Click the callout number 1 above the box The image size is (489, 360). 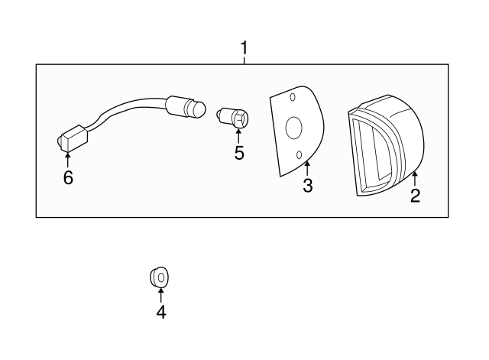[244, 47]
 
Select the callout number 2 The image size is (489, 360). [415, 196]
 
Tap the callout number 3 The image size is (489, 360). [307, 185]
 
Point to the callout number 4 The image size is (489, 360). [161, 312]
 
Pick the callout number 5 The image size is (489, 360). [239, 153]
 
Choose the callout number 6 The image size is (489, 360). [68, 177]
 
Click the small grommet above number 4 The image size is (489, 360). [159, 277]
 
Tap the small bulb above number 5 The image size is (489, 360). [232, 118]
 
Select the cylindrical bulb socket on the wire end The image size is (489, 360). [186, 107]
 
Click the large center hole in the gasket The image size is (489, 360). [293, 128]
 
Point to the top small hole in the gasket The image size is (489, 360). [293, 97]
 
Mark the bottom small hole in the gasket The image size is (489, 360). [299, 154]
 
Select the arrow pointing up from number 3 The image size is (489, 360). [307, 168]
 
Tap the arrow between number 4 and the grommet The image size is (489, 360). [161, 296]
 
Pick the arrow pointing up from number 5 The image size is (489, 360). [238, 136]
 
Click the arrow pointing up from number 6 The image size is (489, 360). [68, 160]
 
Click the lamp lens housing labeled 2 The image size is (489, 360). [386, 145]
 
